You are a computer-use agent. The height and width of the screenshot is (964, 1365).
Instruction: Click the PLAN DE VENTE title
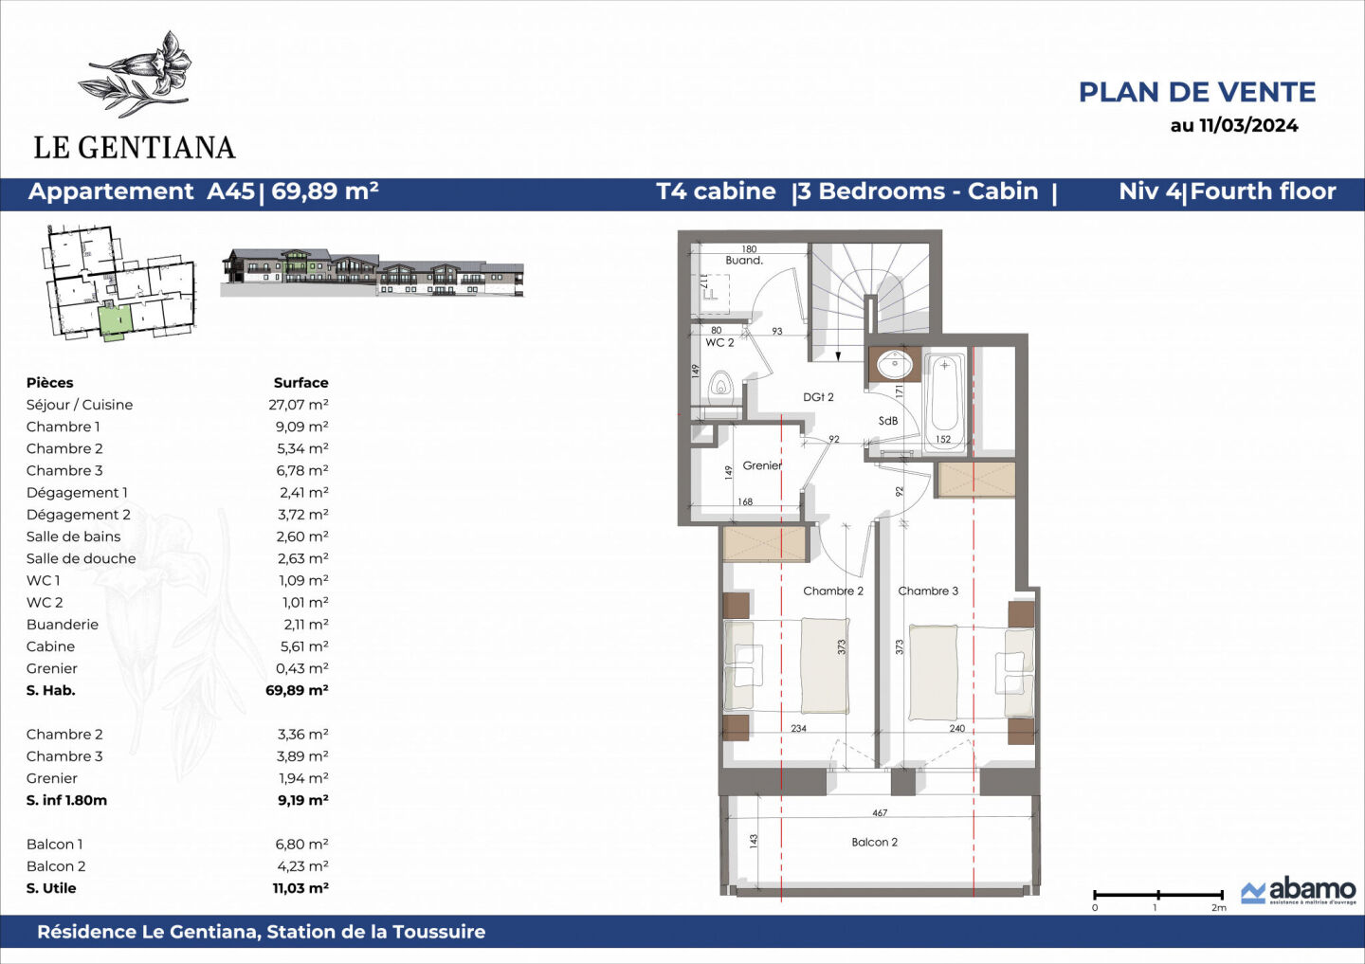click(x=1196, y=92)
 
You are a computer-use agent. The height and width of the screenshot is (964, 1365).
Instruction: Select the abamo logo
click(x=1299, y=891)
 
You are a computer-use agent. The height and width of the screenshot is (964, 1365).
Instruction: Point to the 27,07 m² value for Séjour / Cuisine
click(x=299, y=405)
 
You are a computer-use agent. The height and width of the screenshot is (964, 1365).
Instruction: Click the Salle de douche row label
click(x=81, y=558)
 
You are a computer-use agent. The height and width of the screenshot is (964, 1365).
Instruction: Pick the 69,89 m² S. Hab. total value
click(x=297, y=690)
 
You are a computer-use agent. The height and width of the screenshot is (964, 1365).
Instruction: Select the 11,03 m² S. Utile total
click(x=300, y=888)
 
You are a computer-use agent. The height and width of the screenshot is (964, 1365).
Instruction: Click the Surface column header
click(x=300, y=383)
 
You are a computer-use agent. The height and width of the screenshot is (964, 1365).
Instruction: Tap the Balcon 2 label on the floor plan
click(x=874, y=842)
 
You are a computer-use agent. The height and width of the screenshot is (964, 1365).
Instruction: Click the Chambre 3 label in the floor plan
click(x=928, y=591)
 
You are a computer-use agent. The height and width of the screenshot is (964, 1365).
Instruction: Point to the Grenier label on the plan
click(x=762, y=465)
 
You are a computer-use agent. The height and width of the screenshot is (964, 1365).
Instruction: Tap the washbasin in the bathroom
click(x=892, y=363)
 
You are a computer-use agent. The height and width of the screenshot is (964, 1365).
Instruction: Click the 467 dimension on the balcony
click(x=880, y=813)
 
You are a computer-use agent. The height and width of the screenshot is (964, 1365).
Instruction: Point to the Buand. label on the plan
click(x=744, y=260)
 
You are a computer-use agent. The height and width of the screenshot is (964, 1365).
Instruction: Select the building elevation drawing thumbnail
click(x=372, y=273)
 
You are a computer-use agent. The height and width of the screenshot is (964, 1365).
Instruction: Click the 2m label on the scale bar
click(x=1218, y=908)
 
